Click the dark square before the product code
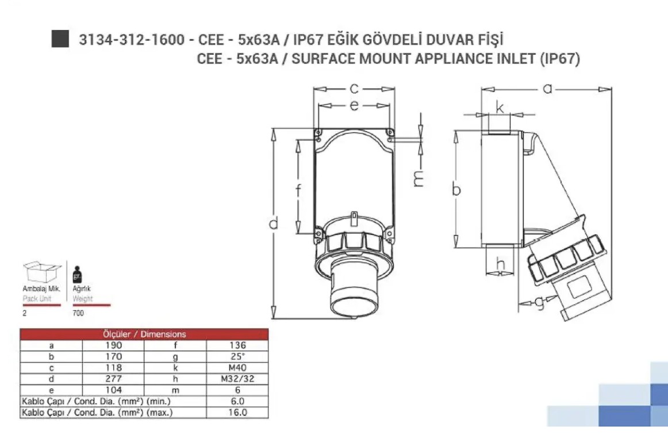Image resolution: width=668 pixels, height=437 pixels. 60,39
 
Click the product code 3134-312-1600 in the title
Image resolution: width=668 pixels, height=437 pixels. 132,40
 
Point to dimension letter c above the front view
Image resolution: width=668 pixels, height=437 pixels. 354,89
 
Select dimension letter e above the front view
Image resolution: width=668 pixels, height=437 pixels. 354,105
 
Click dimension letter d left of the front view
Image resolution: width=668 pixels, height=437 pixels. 274,222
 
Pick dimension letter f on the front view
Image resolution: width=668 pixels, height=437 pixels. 299,190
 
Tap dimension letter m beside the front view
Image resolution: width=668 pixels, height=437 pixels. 418,178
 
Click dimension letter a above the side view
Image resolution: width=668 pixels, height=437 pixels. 548,89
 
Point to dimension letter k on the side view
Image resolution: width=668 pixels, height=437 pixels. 500,108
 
